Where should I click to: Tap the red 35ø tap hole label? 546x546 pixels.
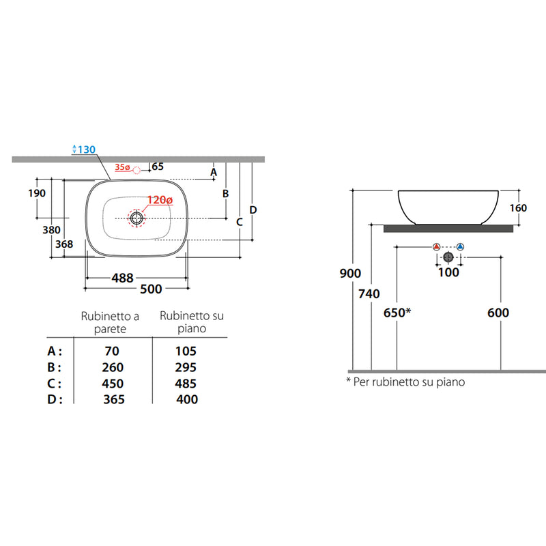coord(122,167)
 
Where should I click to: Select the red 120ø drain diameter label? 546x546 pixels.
coord(160,200)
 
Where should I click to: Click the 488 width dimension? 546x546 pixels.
coord(123,278)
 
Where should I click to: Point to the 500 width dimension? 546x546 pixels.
coord(151,289)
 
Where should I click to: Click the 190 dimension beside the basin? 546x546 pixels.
coord(37,193)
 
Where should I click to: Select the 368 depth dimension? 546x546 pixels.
coord(64,244)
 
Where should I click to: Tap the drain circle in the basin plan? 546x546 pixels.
coord(136,218)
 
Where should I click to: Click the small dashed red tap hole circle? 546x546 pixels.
coord(137,170)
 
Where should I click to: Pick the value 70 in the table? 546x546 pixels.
coord(112,351)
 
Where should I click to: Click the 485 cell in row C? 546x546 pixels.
coord(186,384)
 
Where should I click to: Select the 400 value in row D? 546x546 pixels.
coord(187,399)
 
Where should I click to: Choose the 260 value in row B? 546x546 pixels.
coord(113,367)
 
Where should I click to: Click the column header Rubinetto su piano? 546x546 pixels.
coord(192,321)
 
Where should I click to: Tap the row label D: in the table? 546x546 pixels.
coord(55,399)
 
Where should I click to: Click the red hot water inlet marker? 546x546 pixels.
coord(436,247)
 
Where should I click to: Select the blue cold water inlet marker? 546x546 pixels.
coord(460,247)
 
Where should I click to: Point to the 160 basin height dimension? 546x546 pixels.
coord(518,208)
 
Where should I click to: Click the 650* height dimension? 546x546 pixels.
coord(397,313)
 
